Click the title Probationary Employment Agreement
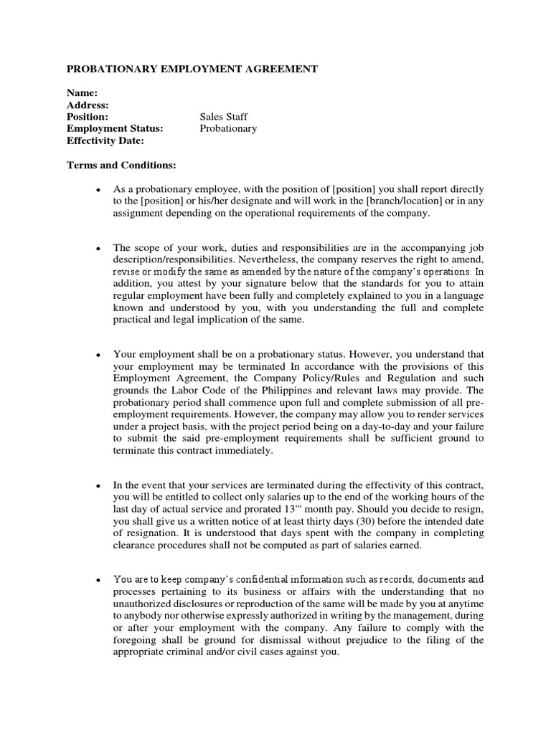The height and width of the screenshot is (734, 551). click(x=192, y=70)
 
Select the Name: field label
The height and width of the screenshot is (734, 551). click(x=83, y=92)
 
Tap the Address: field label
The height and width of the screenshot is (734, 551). click(x=88, y=105)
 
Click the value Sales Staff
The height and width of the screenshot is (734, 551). click(x=224, y=117)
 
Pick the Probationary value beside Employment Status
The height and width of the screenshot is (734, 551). click(x=228, y=129)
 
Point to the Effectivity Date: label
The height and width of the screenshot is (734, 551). click(x=105, y=141)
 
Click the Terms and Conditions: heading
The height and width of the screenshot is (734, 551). click(x=121, y=166)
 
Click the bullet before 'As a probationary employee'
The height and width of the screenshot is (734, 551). click(x=96, y=190)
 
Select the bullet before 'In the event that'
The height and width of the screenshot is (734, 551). click(x=96, y=486)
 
